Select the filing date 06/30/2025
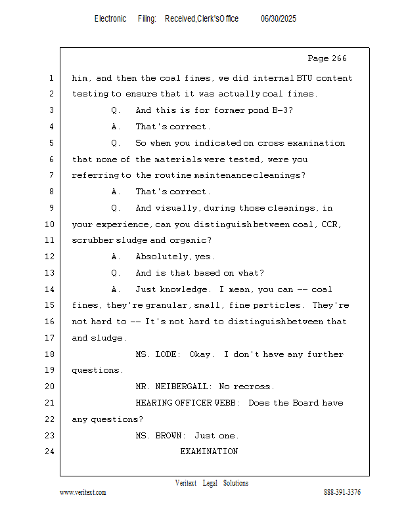(x=279, y=19)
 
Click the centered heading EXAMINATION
(x=209, y=451)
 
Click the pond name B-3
(x=282, y=110)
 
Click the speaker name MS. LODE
(x=156, y=354)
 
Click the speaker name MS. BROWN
(x=160, y=436)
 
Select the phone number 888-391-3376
(x=342, y=492)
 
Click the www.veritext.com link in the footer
(x=83, y=492)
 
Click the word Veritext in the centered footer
(x=186, y=483)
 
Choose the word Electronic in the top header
(x=110, y=19)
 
